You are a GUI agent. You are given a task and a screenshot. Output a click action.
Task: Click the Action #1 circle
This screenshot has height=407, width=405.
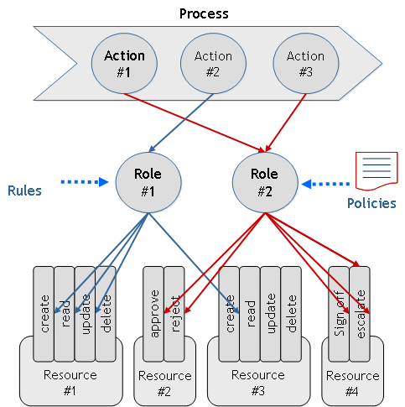(x=124, y=64)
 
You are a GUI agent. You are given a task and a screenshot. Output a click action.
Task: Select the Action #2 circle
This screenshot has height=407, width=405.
(x=213, y=64)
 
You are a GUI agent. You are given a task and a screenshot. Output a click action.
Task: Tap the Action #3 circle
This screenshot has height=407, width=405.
(x=304, y=64)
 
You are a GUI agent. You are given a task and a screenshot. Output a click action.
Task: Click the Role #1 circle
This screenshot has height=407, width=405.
(x=148, y=181)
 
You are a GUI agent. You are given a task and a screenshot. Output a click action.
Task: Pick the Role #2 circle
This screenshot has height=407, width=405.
(x=264, y=181)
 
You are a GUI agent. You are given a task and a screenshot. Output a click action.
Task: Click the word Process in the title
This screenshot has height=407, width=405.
(x=205, y=13)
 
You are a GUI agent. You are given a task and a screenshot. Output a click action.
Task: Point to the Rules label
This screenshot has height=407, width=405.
(x=24, y=190)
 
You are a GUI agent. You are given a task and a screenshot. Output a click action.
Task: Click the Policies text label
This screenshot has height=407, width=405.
(x=371, y=203)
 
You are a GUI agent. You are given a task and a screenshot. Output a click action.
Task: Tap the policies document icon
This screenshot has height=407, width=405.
(x=372, y=171)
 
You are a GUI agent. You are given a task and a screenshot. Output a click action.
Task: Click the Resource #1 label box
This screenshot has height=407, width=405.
(x=72, y=382)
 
